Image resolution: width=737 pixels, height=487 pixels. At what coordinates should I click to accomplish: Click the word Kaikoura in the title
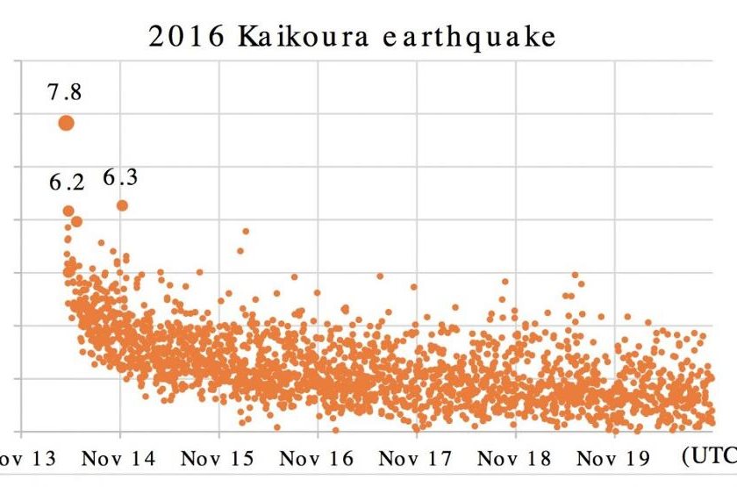point(284,37)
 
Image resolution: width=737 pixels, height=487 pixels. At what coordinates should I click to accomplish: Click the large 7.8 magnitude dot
point(66,123)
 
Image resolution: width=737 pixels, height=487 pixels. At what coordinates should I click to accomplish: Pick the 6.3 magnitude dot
point(122,205)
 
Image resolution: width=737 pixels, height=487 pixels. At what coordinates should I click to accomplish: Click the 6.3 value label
point(120,178)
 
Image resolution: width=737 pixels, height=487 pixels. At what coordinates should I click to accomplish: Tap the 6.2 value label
point(66,183)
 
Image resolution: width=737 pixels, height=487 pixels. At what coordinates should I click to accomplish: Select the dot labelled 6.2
point(68,211)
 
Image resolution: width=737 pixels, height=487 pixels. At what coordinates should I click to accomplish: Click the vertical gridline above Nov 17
point(417,175)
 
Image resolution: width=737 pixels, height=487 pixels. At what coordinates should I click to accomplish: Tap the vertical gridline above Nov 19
point(615,175)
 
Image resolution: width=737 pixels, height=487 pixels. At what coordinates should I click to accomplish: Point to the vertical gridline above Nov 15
point(218,175)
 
